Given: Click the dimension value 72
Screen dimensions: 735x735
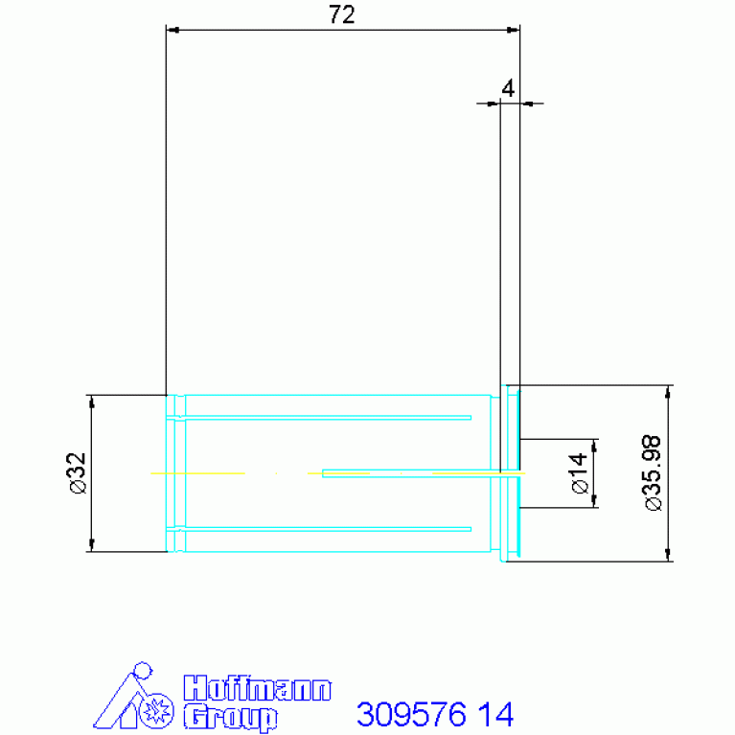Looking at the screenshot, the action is tap(342, 14).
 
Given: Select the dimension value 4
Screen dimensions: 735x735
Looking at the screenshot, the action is tap(508, 88).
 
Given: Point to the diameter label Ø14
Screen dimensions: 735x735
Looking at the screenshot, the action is tap(580, 473).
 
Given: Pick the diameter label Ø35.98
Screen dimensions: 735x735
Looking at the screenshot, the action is tap(653, 472).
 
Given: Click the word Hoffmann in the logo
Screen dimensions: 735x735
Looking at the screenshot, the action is tap(258, 688).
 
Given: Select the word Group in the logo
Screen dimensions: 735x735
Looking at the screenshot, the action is tap(230, 717).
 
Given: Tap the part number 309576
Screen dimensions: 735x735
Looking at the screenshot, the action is tap(411, 714).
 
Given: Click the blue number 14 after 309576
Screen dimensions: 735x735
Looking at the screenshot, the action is tap(496, 714).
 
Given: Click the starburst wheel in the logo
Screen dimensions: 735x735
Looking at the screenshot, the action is tap(156, 711).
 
